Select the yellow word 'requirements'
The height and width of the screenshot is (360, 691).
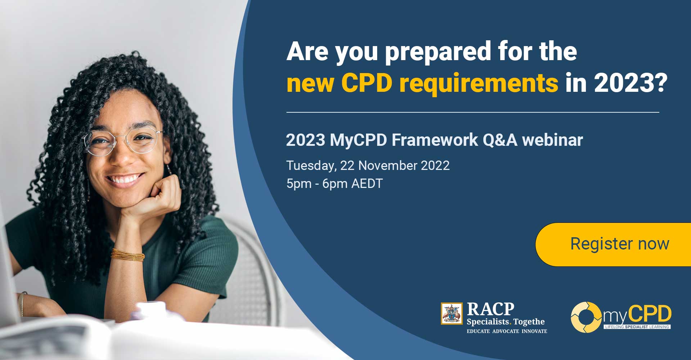479,84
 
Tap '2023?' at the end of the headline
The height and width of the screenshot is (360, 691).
631,84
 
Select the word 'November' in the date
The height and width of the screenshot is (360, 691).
388,166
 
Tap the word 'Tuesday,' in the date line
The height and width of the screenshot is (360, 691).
311,166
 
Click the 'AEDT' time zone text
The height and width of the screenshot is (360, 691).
367,184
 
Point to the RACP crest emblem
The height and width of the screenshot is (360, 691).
452,314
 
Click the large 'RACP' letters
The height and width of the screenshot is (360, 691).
491,309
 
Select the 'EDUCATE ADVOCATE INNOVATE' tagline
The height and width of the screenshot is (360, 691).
507,331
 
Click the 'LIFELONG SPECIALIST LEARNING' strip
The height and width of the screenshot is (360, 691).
637,327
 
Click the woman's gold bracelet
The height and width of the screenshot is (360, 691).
127,255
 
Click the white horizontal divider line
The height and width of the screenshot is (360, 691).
473,112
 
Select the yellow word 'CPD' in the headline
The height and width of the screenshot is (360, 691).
366,84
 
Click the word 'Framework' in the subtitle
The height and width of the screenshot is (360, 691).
435,140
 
